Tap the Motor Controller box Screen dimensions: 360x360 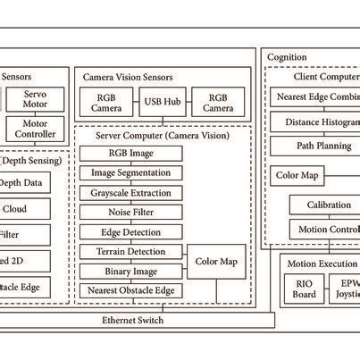(36, 130)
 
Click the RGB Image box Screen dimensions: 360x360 (131, 154)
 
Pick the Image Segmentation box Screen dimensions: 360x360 (131, 173)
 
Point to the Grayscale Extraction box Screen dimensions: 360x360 (131, 193)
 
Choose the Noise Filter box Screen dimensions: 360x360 (131, 213)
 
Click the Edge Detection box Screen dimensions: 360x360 (131, 232)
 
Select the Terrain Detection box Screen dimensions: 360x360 (131, 252)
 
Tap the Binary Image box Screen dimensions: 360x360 (131, 271)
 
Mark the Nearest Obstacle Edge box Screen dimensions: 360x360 (131, 290)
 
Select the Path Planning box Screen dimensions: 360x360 (322, 145)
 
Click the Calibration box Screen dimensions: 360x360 (322, 205)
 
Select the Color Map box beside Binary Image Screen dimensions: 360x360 (215, 261)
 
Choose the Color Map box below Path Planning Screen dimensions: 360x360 (297, 175)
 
